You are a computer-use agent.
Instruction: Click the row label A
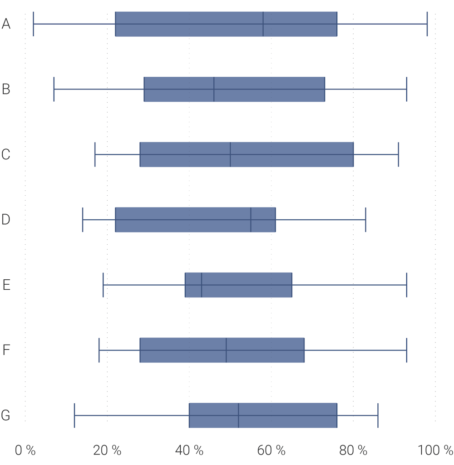pyautogui.click(x=6, y=24)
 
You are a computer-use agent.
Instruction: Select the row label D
pyautogui.click(x=6, y=220)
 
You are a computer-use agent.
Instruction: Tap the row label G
pyautogui.click(x=5, y=416)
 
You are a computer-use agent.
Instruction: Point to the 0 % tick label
pyautogui.click(x=25, y=450)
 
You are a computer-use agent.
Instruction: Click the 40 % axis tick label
pyautogui.click(x=189, y=450)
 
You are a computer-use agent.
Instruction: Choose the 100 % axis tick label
pyautogui.click(x=435, y=450)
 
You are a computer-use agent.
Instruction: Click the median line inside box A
pyautogui.click(x=263, y=24)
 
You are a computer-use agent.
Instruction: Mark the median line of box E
pyautogui.click(x=202, y=285)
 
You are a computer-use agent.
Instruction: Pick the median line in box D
pyautogui.click(x=251, y=220)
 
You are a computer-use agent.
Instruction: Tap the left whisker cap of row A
pyautogui.click(x=34, y=24)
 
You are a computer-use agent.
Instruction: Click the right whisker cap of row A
pyautogui.click(x=427, y=24)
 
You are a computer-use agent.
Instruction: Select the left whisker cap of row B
pyautogui.click(x=54, y=89)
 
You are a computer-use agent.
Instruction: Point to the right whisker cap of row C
pyautogui.click(x=398, y=154)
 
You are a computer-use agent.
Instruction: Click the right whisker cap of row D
pyautogui.click(x=365, y=220)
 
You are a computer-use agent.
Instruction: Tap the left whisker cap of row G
pyautogui.click(x=74, y=416)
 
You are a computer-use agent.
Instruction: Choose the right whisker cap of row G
pyautogui.click(x=378, y=416)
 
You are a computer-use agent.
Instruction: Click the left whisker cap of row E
pyautogui.click(x=103, y=285)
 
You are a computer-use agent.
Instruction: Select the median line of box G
pyautogui.click(x=238, y=416)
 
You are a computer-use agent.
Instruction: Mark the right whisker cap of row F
pyautogui.click(x=406, y=350)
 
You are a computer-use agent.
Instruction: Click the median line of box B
pyautogui.click(x=214, y=89)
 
